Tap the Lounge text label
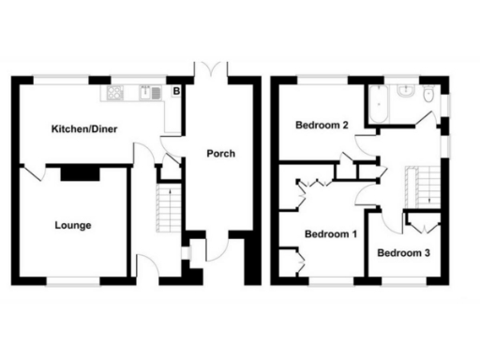tap(73, 225)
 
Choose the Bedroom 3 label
tap(404, 252)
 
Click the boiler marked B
tap(174, 92)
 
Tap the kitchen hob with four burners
tap(116, 93)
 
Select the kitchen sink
tap(150, 93)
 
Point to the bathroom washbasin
tap(406, 92)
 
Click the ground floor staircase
tap(166, 208)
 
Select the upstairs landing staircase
tap(412, 184)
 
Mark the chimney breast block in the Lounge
tap(81, 172)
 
